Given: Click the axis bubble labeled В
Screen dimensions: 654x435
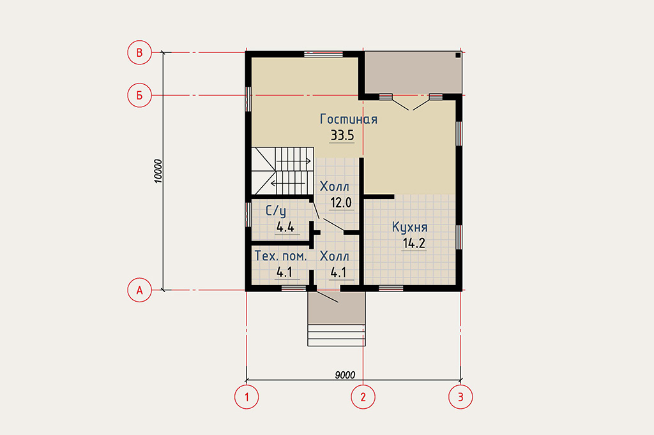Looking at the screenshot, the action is [139, 52].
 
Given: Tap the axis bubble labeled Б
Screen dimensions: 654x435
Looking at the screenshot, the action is [139, 96].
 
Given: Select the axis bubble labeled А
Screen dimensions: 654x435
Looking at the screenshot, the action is [139, 290].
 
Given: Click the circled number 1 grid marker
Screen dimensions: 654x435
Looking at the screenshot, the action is [247, 397].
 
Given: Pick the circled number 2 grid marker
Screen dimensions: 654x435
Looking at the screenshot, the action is [363, 397].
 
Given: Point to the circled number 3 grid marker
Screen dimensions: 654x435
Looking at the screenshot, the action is [460, 397].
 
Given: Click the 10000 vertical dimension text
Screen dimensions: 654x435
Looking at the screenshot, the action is [158, 171].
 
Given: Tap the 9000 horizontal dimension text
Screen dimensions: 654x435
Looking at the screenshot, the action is [345, 375].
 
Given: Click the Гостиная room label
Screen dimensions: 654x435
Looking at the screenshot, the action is [349, 119].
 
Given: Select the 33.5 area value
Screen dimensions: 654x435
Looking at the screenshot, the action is [342, 135].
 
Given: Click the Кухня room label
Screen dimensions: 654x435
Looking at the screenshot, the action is [409, 228].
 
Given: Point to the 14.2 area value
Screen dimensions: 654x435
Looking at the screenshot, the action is [414, 244].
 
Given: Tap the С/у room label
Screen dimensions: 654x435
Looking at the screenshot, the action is [276, 211].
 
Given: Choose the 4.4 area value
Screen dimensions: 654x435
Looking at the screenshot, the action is [285, 228].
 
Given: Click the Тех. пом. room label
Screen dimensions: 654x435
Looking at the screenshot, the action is [281, 256].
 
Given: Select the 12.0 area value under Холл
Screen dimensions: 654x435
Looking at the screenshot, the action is [341, 203].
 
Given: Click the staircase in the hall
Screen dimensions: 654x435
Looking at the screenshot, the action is [282, 171].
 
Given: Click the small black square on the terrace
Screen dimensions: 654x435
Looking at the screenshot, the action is [457, 55].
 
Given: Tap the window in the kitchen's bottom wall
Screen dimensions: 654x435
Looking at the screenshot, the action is [391, 288].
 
